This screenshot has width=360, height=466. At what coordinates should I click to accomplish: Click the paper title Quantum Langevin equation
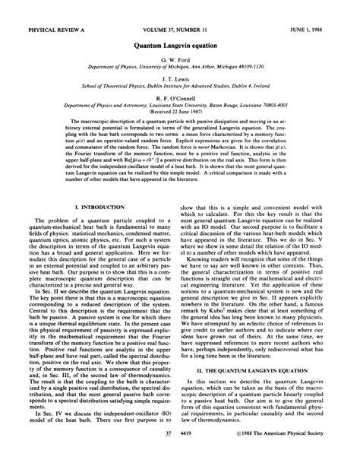pyautogui.click(x=179, y=46)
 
